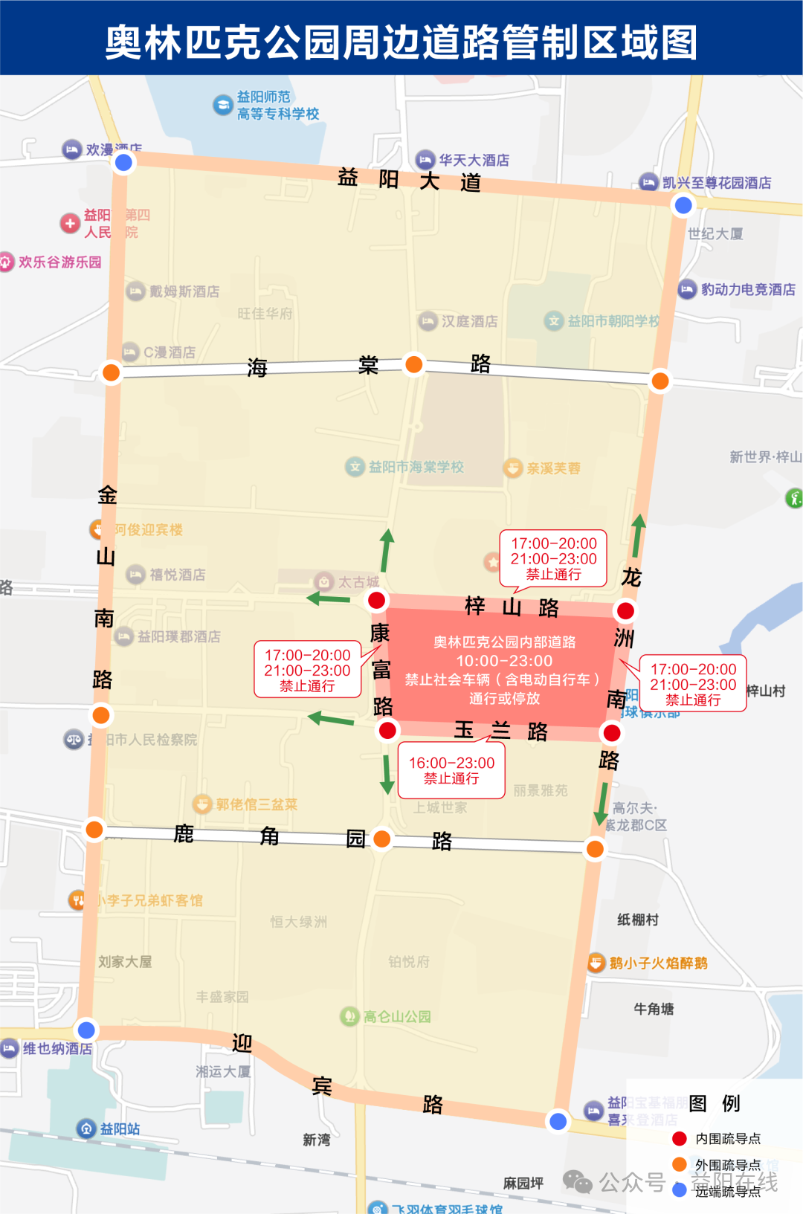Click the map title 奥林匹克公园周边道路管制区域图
[x=401, y=42]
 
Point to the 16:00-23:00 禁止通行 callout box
[x=451, y=770]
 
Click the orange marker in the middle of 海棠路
[x=413, y=364]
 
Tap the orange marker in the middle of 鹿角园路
[x=382, y=839]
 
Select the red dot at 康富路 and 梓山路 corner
[x=377, y=600]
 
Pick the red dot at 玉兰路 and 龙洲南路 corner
[x=612, y=733]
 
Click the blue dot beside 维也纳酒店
[x=86, y=1030]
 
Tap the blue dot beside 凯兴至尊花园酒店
[x=683, y=205]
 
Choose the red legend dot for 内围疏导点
[x=679, y=1138]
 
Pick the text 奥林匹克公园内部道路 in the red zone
[x=504, y=642]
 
